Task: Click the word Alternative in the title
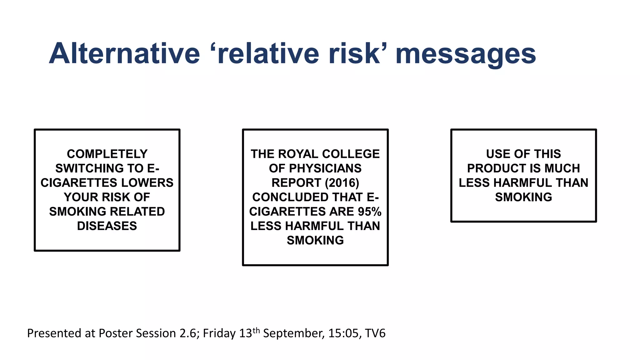(124, 53)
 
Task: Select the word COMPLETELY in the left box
(107, 154)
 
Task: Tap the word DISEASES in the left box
(107, 226)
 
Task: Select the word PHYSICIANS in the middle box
(325, 168)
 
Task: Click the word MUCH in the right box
(562, 168)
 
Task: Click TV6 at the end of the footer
(375, 333)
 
